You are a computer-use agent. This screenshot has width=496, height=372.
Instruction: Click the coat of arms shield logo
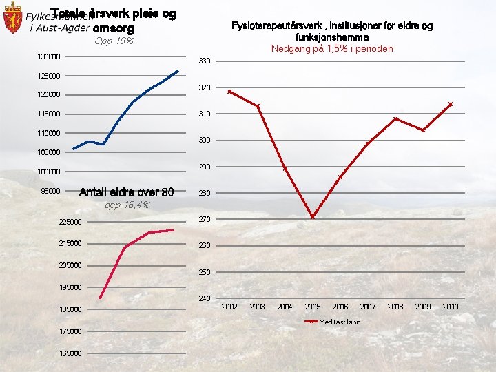point(12,19)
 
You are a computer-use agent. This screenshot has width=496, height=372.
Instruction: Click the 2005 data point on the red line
point(312,217)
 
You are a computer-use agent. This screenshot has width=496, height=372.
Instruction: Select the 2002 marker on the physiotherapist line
point(229,92)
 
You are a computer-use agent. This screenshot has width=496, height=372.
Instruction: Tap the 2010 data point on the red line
point(450,104)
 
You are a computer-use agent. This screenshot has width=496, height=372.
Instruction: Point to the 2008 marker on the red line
point(395,119)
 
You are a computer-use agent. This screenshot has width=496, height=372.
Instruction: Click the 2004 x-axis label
point(285,307)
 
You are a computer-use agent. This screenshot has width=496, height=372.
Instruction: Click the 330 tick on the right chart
point(204,62)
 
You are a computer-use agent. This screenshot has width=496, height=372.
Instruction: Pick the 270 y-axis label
point(204,220)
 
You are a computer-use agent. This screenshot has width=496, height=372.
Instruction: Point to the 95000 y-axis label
point(51,191)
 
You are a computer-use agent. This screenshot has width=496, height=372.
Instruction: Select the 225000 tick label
point(69,222)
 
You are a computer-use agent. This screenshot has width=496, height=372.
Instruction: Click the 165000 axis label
point(69,353)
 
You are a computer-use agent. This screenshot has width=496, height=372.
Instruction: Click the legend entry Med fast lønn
point(339,322)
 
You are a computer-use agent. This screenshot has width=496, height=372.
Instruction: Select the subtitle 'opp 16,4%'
point(127,205)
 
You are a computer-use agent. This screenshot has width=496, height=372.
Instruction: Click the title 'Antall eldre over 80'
point(127,192)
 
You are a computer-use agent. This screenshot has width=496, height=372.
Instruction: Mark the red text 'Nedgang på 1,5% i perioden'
point(331,48)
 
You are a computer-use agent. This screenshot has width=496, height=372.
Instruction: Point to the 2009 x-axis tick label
point(422,307)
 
